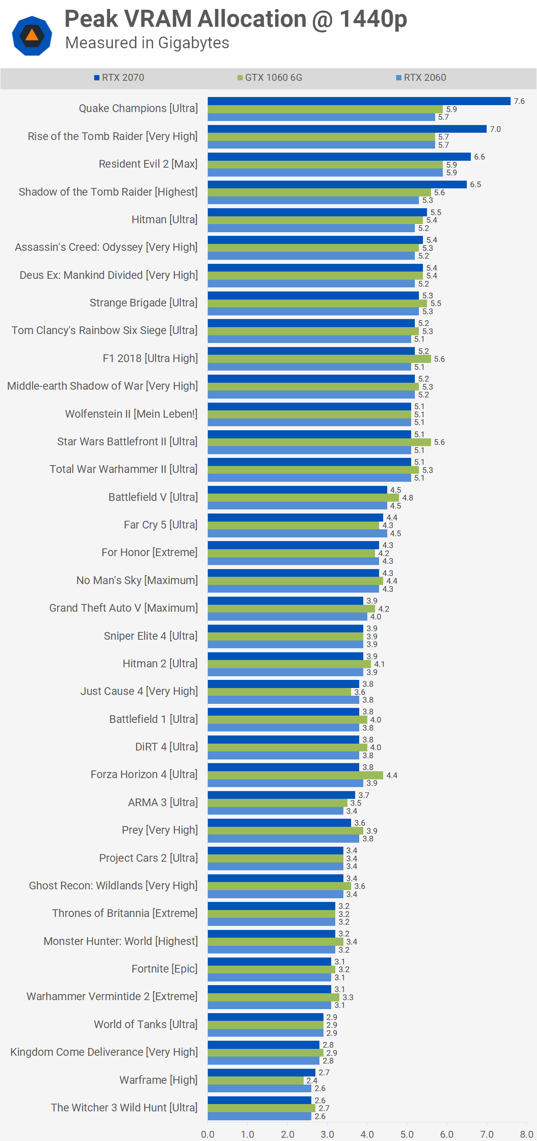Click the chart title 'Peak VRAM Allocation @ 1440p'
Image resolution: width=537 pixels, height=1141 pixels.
(235, 19)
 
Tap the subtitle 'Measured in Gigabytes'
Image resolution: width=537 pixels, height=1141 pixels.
(147, 43)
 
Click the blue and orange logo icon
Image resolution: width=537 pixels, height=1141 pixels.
(32, 35)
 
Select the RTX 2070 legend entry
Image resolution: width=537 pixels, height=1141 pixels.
(119, 78)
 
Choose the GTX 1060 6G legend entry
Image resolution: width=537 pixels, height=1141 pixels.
(270, 78)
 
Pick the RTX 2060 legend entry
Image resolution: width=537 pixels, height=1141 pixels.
(421, 78)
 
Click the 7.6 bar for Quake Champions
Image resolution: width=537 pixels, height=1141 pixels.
(359, 101)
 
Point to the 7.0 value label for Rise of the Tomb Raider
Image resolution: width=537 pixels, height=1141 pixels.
(495, 129)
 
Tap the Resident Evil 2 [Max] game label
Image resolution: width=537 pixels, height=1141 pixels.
(148, 164)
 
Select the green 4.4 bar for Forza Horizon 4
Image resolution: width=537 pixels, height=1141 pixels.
(295, 775)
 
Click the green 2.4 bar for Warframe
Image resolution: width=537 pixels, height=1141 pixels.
(255, 1081)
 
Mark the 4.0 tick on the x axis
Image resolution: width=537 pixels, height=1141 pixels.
(367, 1134)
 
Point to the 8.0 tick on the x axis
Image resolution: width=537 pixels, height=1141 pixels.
(526, 1134)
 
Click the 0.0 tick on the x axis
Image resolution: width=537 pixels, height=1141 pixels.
(208, 1134)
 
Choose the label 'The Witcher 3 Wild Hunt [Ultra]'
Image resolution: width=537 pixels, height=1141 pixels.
(124, 1107)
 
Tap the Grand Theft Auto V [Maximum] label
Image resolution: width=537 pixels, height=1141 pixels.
(123, 608)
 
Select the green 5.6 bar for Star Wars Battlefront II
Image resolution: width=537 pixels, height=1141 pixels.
(319, 442)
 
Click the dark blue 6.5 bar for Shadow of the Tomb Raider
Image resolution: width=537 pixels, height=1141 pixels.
(337, 185)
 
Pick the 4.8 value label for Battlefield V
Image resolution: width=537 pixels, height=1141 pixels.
(408, 497)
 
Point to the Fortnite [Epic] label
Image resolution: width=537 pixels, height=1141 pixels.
(164, 969)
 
